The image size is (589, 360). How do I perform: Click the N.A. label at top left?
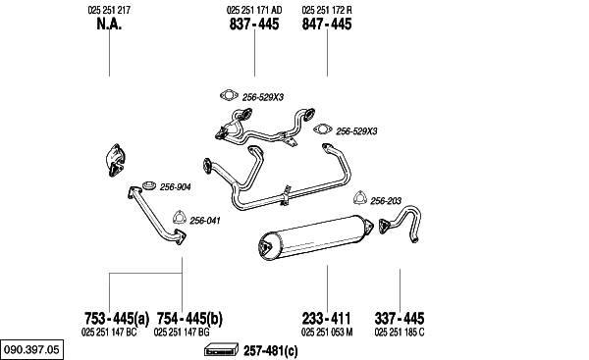109,24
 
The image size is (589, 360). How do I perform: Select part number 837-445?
254,24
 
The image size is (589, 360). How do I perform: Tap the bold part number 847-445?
327,24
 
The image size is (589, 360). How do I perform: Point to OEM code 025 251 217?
109,10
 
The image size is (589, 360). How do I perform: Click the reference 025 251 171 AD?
254,10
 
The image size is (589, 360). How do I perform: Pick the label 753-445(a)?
117,319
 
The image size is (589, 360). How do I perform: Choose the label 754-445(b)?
189,319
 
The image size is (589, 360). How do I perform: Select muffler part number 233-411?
327,319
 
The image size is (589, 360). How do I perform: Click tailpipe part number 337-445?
400,319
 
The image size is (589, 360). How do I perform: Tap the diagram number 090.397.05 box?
32,350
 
